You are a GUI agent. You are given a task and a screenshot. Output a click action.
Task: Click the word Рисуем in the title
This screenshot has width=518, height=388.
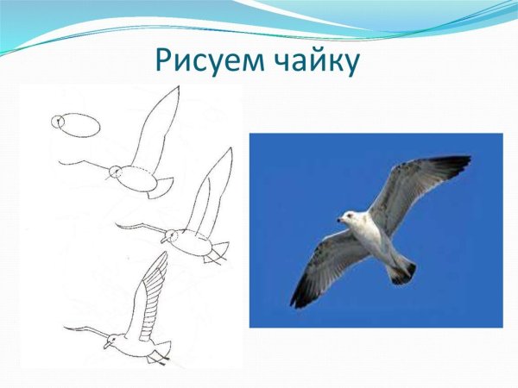[x=205, y=60]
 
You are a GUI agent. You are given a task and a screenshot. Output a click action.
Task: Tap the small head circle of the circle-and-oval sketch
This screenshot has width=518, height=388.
[x=57, y=122]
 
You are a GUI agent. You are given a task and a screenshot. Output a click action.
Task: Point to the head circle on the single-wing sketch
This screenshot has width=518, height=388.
[x=114, y=172]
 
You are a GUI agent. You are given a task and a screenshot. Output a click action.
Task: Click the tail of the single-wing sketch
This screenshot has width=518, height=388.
[x=161, y=186]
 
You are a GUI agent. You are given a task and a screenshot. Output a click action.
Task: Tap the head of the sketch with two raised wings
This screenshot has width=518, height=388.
[x=169, y=235]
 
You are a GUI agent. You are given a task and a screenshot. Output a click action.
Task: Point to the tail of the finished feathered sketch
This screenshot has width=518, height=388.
[x=161, y=352]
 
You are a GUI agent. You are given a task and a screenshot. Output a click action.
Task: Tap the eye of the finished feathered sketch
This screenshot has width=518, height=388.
[x=112, y=339]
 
